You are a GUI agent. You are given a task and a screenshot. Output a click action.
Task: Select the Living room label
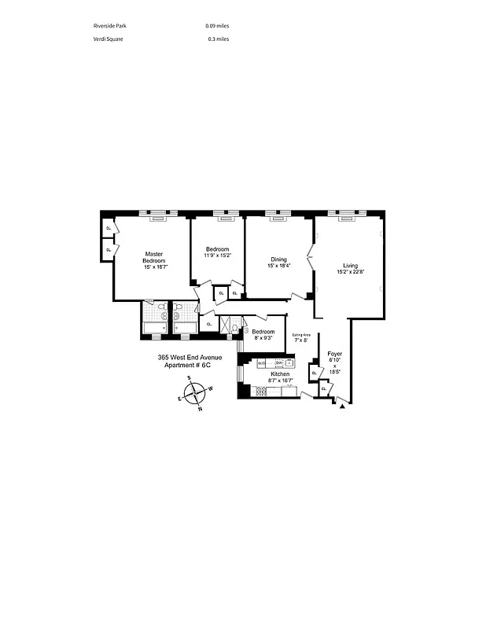[x=350, y=265]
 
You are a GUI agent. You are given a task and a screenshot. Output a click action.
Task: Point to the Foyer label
[x=334, y=354]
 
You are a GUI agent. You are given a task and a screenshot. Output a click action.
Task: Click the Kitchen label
[x=280, y=373]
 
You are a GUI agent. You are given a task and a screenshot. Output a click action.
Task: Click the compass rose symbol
[x=195, y=392]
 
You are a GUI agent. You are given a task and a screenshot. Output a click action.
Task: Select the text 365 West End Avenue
[x=190, y=358]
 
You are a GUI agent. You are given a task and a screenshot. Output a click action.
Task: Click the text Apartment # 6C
[x=188, y=365]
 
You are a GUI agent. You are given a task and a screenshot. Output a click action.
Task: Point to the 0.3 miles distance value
[x=219, y=39]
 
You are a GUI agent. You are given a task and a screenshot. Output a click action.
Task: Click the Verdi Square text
[x=108, y=39]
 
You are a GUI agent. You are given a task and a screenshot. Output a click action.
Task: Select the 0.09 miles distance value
[x=217, y=26]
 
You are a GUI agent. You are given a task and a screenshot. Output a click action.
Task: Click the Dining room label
[x=279, y=259]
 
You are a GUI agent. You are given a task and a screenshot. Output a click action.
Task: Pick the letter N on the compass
[x=200, y=409]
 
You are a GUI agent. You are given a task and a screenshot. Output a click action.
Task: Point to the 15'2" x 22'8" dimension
[x=350, y=271]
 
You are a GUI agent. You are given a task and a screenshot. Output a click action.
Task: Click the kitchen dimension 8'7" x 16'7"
[x=281, y=381]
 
